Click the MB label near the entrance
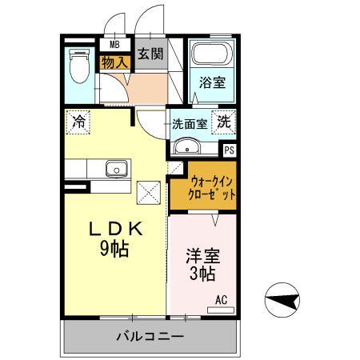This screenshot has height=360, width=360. pos(114,45)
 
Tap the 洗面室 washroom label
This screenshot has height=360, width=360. pos(190,124)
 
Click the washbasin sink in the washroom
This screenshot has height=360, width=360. pos(186,146)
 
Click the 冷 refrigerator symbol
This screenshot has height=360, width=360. pos(79,122)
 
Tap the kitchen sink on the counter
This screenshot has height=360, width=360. pos(117,169)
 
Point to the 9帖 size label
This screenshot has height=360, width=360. pos(117,249)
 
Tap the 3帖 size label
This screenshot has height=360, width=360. pos(203,276)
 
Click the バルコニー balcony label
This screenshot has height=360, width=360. pos(148,337)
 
